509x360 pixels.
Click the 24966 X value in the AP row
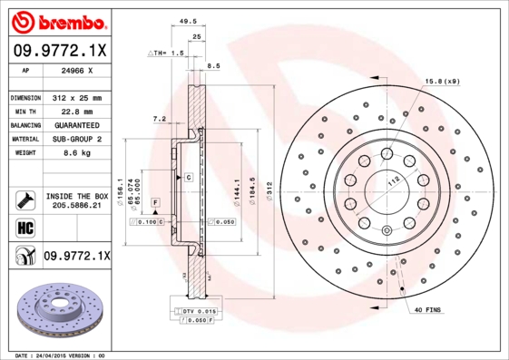click(x=75, y=69)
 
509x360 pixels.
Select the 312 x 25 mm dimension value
click(x=75, y=97)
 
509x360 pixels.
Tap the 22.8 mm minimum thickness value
click(x=75, y=111)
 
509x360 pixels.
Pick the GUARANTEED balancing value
click(x=75, y=125)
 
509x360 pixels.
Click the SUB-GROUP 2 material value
click(x=75, y=140)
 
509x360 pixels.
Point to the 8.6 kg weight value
click(x=75, y=154)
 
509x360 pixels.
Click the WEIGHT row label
click(x=23, y=154)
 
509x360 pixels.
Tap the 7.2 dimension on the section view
click(x=160, y=118)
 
